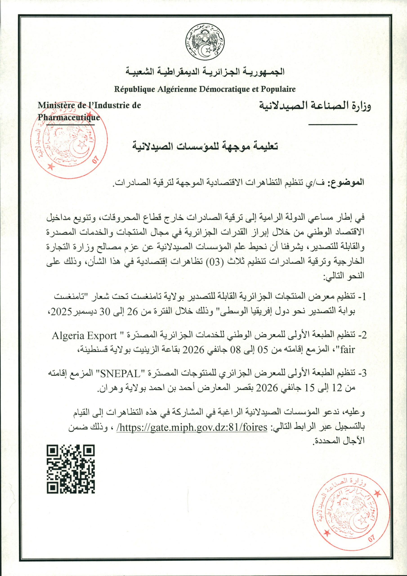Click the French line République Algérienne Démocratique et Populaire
(205, 89)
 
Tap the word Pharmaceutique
(69, 117)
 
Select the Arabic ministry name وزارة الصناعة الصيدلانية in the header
(315, 105)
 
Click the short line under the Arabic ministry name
(333, 124)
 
